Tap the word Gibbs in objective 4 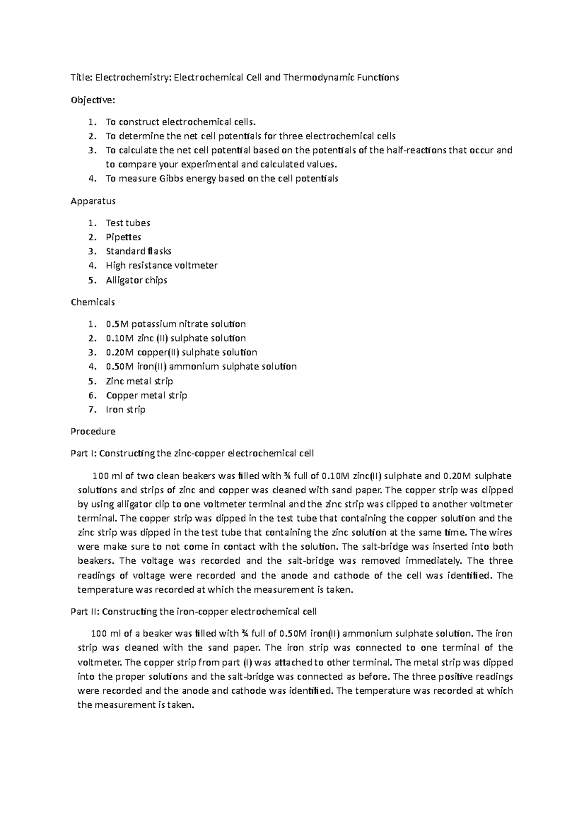pyautogui.click(x=172, y=179)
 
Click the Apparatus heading pyautogui.click(x=93, y=201)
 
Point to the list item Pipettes pyautogui.click(x=124, y=237)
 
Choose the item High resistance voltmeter pyautogui.click(x=162, y=266)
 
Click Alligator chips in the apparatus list pyautogui.click(x=137, y=280)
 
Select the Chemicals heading pyautogui.click(x=93, y=302)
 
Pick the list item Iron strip pyautogui.click(x=126, y=410)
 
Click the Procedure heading pyautogui.click(x=93, y=431)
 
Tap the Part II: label pyautogui.click(x=85, y=611)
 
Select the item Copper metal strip pyautogui.click(x=146, y=395)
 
